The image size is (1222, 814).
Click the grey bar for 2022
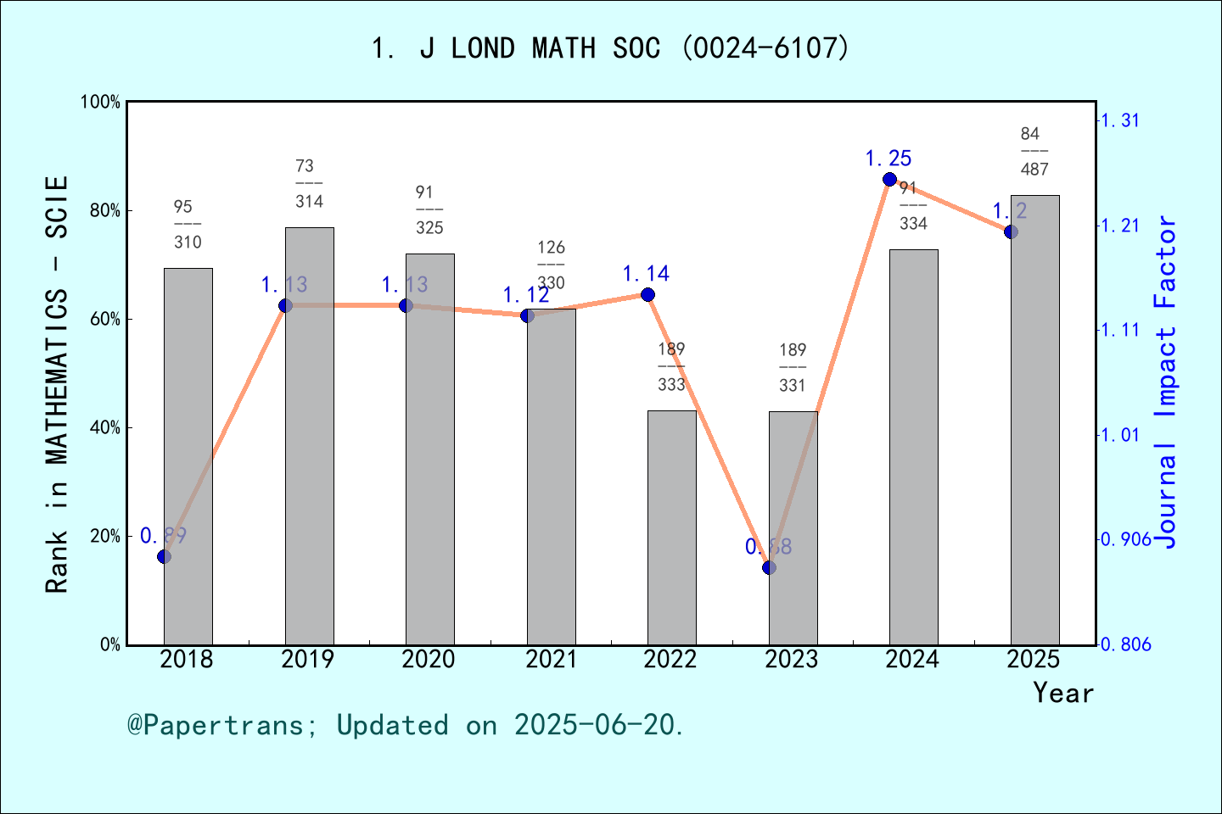671,527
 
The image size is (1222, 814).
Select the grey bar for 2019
309,436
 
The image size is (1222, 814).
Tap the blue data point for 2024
889,179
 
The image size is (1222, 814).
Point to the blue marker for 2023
769,567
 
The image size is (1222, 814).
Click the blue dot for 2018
165,556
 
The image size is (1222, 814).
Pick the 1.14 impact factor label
646,274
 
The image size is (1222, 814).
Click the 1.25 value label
888,159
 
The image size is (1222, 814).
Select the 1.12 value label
526,295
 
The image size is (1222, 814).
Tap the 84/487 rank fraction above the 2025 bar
1034,152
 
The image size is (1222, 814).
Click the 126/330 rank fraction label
551,265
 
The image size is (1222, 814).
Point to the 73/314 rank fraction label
309,184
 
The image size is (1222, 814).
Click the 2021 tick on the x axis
551,659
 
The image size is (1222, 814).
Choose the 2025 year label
1034,659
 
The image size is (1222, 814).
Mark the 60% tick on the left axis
105,320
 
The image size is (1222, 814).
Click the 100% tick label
100,103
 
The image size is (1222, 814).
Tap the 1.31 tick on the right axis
1119,120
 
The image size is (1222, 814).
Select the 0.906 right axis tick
1125,539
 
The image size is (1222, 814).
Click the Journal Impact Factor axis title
1165,382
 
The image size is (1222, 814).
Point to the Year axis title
1062,693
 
